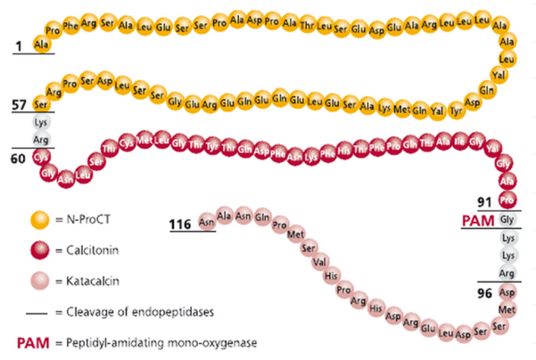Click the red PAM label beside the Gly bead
tap(480, 219)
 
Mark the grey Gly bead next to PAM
tap(508, 219)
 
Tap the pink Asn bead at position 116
tap(207, 219)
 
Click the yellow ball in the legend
tap(38, 217)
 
